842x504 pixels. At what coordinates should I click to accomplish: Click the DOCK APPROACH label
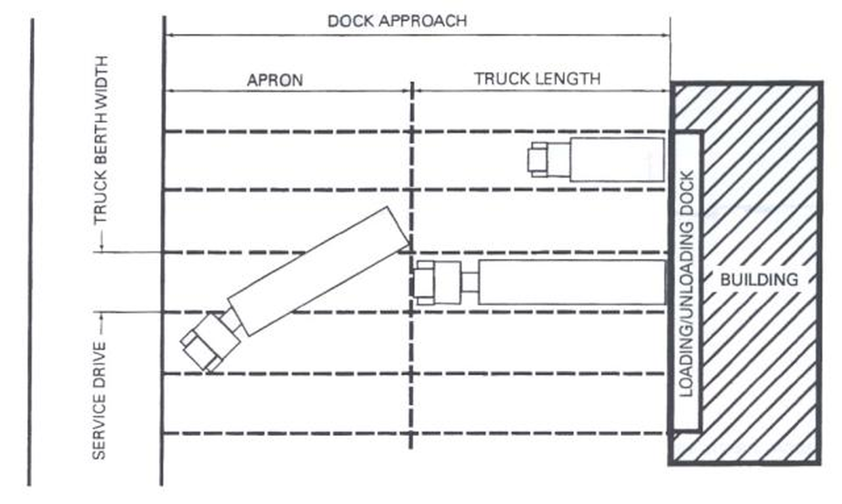click(397, 20)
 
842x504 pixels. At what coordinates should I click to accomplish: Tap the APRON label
click(274, 79)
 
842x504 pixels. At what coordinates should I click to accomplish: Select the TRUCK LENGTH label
click(537, 78)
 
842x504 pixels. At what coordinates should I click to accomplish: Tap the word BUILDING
click(759, 278)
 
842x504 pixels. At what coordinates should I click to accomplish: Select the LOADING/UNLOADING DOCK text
click(687, 283)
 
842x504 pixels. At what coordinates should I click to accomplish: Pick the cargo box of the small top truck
click(616, 160)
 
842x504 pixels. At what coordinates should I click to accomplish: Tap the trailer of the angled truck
click(318, 270)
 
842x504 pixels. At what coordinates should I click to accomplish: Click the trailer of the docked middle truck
click(571, 282)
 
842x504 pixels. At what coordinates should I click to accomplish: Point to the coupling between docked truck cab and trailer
click(469, 282)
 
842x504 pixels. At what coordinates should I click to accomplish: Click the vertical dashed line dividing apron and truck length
click(411, 380)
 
